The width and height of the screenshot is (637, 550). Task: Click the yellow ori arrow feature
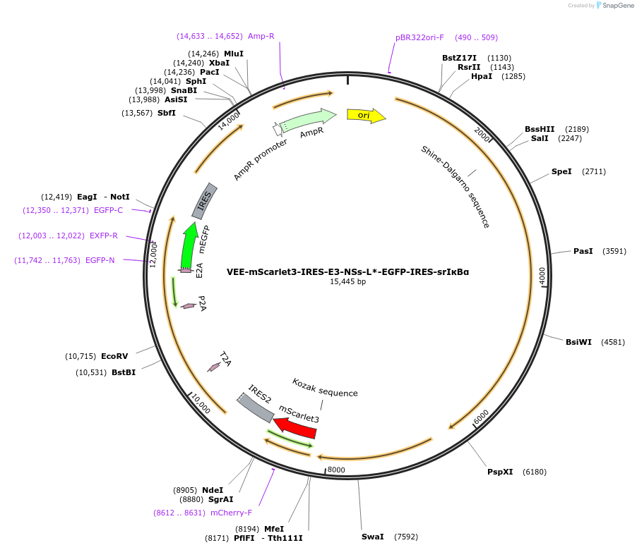366,116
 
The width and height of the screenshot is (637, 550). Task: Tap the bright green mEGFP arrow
189,246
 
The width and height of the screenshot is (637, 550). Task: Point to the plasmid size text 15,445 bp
347,282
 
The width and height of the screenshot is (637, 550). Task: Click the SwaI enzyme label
372,537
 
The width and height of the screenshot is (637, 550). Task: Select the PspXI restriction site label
500,472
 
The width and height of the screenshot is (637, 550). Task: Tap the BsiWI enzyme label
578,342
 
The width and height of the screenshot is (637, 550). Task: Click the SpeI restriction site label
561,171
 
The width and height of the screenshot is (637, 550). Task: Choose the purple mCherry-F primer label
231,513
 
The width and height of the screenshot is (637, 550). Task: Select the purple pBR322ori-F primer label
420,37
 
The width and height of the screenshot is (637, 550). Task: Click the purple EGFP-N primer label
100,260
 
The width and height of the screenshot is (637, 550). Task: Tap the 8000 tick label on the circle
336,470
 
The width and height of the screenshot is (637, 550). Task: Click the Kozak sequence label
325,387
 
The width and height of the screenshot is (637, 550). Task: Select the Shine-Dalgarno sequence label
455,187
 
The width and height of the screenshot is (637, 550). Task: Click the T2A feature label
225,359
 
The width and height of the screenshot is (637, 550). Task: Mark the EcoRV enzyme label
114,356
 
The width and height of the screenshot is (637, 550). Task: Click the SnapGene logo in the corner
614,6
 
